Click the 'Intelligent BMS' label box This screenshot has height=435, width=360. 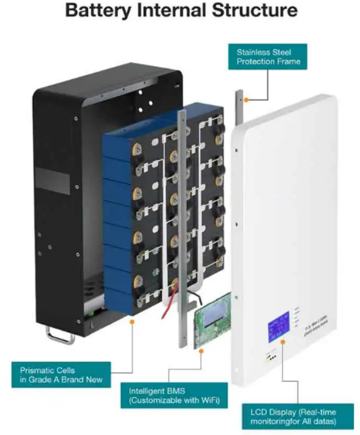click(x=171, y=396)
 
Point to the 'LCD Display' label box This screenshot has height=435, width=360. click(x=298, y=416)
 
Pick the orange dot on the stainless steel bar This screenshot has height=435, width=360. click(x=247, y=100)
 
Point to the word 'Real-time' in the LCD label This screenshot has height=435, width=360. click(x=326, y=411)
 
